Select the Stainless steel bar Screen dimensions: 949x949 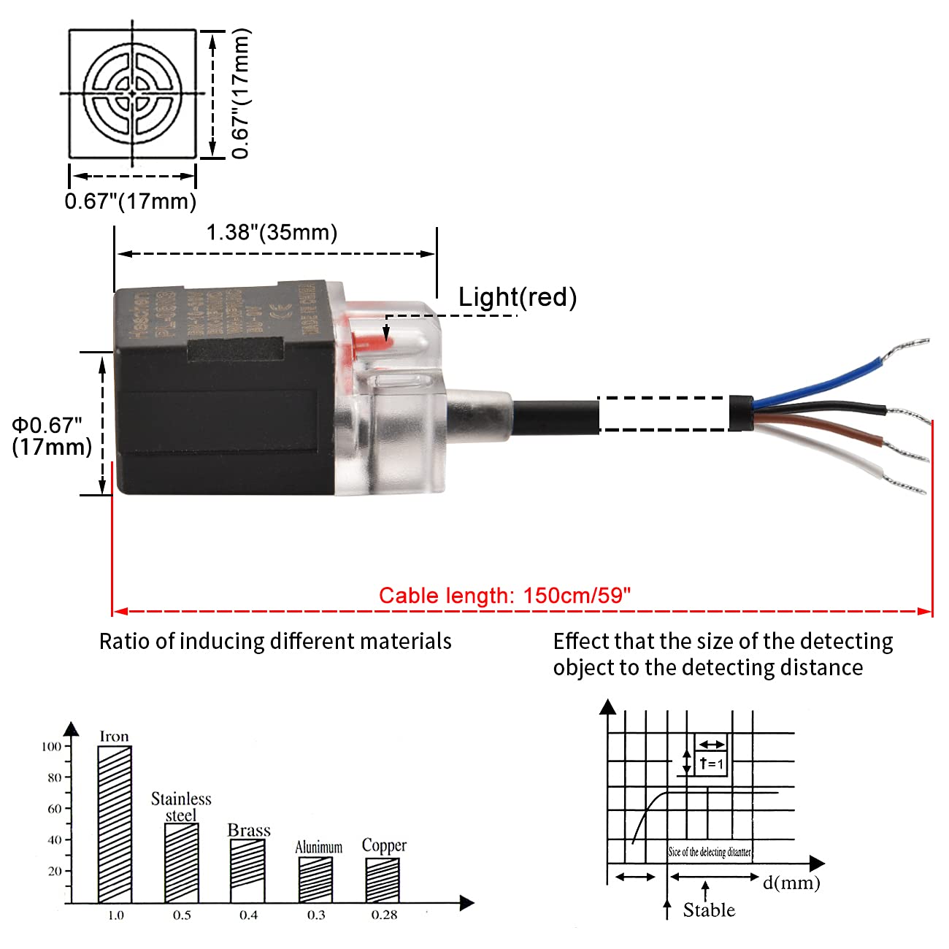point(181,863)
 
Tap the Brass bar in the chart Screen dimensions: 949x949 point(247,871)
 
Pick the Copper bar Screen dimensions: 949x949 point(383,880)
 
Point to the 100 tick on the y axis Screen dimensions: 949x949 point(52,746)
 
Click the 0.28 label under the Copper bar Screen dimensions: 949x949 point(384,915)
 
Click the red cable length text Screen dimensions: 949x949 point(504,596)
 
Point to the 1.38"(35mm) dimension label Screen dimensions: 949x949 point(272,233)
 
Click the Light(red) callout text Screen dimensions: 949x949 point(518,297)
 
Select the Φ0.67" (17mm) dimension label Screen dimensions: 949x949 point(51,436)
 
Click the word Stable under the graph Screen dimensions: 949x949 point(709,910)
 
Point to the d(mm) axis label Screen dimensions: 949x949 point(791,883)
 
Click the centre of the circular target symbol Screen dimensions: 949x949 point(132,93)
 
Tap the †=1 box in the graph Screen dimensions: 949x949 point(710,763)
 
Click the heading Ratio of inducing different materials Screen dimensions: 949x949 point(275,641)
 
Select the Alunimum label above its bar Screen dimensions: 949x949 point(318,847)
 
